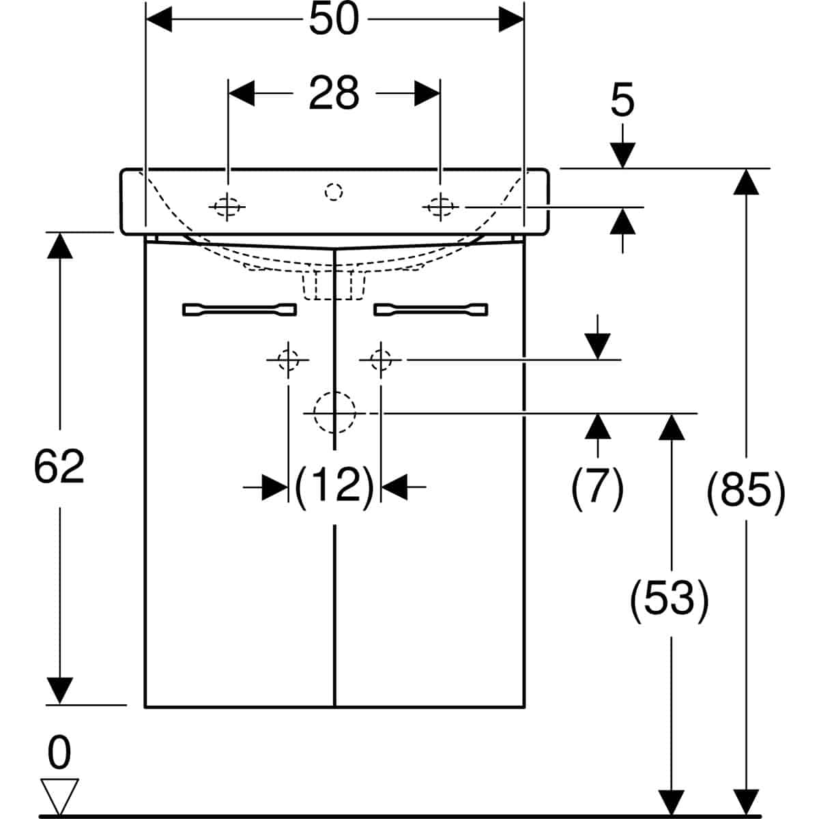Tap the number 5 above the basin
pos(622,100)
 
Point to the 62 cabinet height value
pos(59,468)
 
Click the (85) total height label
pos(745,489)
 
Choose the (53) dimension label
pos(670,601)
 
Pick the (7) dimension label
pos(598,489)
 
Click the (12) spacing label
pos(334,486)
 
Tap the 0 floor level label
pos(59,753)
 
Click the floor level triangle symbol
pos(61,796)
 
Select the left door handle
pos(240,310)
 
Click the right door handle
pos(431,310)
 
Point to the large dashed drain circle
pos(334,412)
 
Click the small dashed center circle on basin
pos(334,192)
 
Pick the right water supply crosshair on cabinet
pos(381,358)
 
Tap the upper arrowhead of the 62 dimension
pos(60,245)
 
